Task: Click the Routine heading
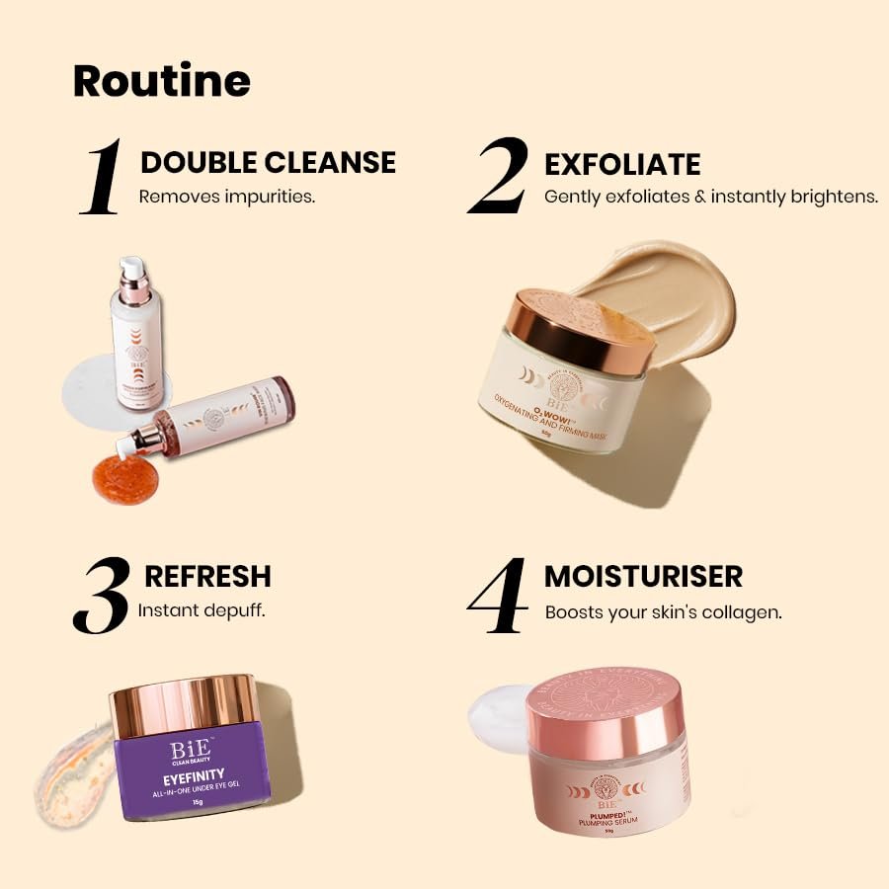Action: point(162,81)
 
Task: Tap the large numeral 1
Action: point(102,178)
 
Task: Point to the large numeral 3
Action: point(102,595)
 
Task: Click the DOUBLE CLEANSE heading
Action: point(268,163)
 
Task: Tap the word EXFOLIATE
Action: point(622,164)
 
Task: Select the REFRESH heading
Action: point(207,576)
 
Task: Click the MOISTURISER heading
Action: point(643,576)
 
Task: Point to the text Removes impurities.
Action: point(226,196)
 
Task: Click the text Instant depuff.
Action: point(201,609)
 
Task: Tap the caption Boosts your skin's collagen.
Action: point(663,612)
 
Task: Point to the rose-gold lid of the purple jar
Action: point(184,704)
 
